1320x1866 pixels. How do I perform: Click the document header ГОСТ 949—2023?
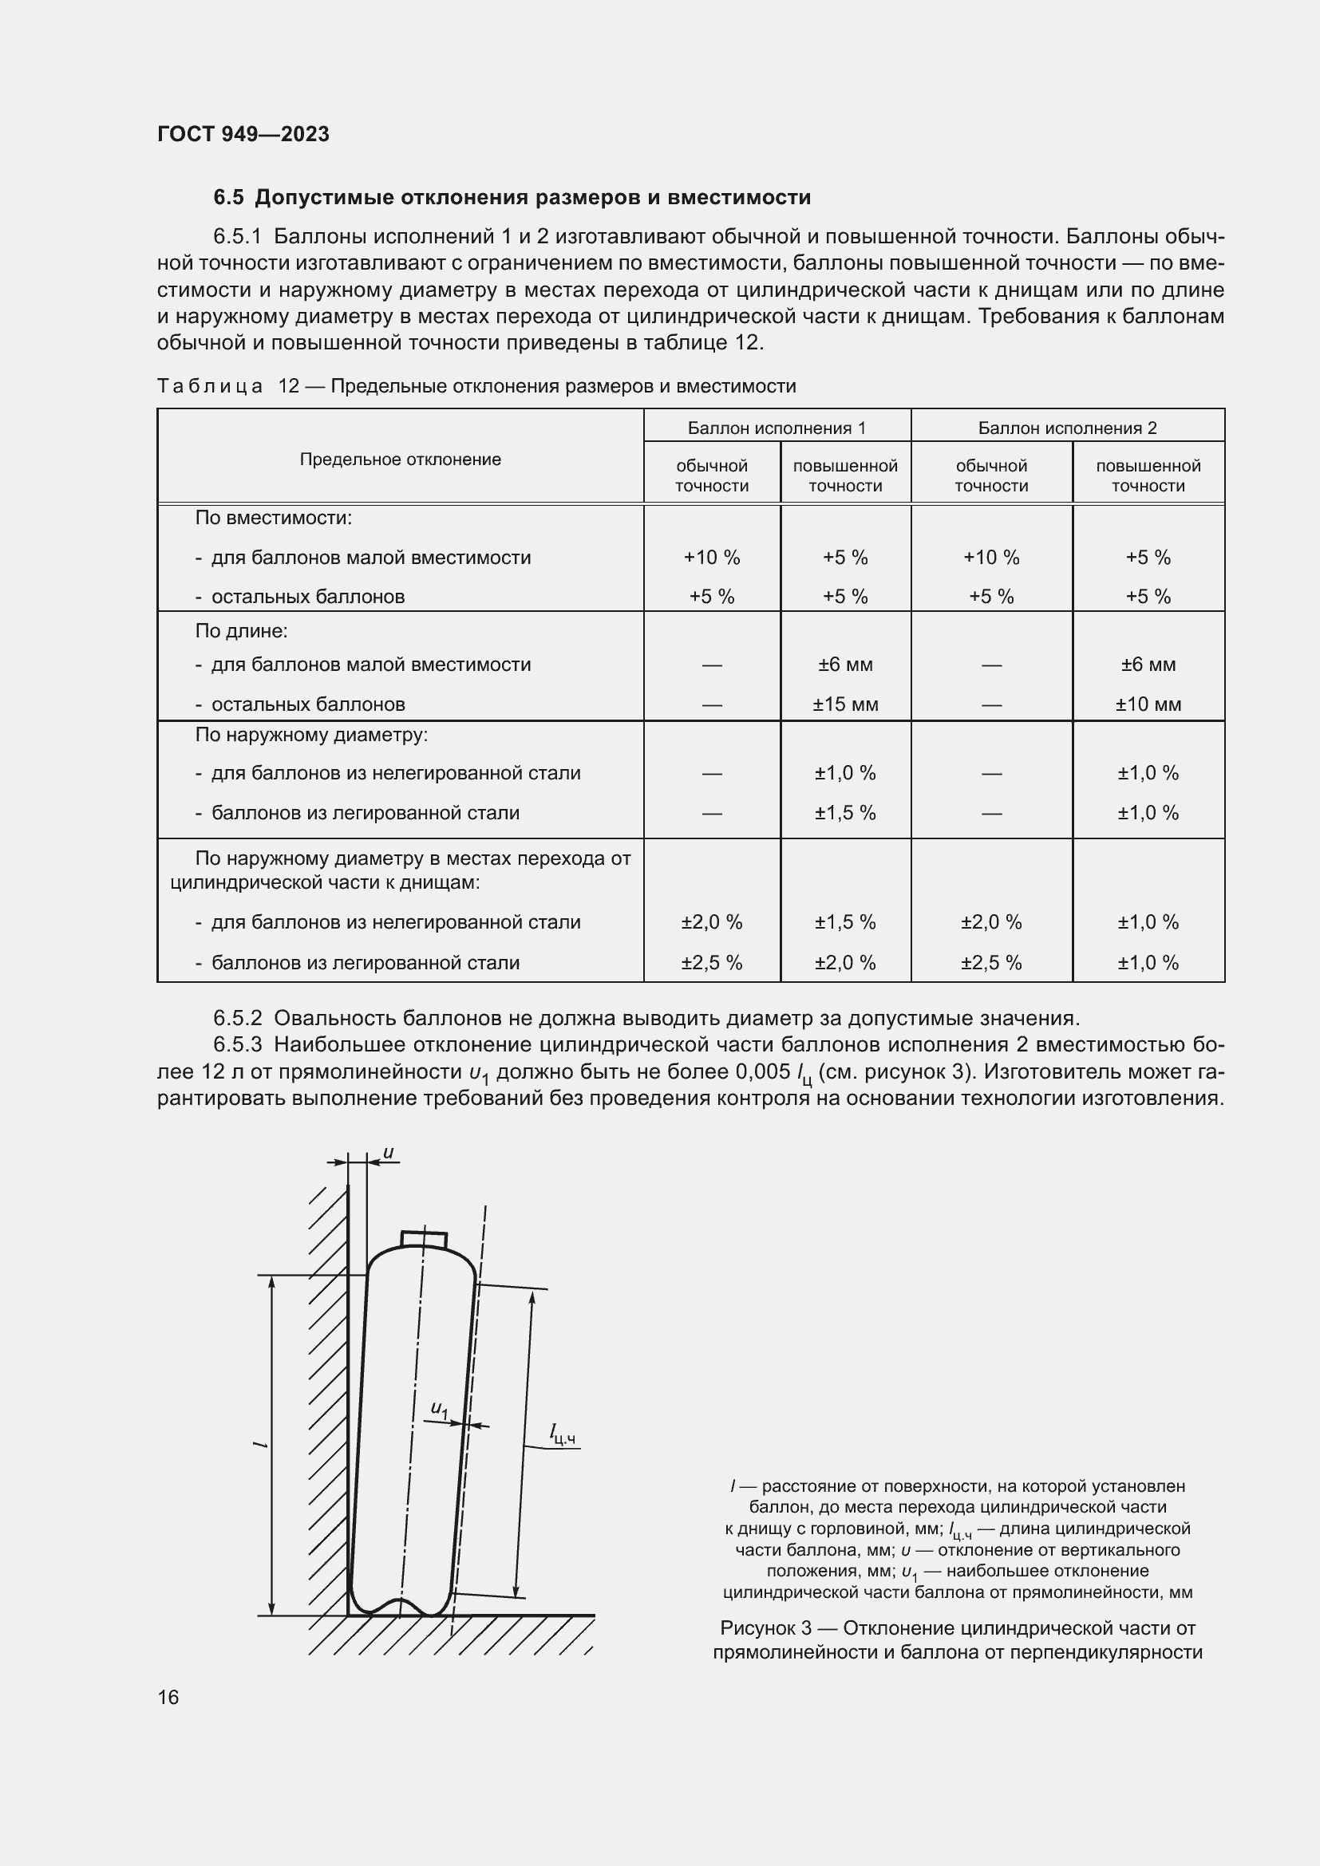[x=243, y=134]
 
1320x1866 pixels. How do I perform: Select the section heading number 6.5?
[x=228, y=198]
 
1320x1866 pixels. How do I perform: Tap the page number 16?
[x=168, y=1697]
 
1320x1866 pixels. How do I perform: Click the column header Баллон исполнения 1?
[x=777, y=428]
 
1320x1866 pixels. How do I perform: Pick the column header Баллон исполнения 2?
[x=1066, y=428]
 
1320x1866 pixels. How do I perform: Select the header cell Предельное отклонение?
[x=400, y=460]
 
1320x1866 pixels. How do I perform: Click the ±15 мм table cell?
[x=844, y=704]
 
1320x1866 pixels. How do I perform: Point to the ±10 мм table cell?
[x=1148, y=704]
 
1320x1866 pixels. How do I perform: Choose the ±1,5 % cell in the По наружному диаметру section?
[x=844, y=813]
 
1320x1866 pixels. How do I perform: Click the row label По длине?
[x=241, y=631]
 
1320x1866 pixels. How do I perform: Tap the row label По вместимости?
[x=273, y=518]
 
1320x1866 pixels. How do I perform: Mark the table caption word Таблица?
[x=210, y=386]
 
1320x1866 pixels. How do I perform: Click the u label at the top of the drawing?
[x=389, y=1153]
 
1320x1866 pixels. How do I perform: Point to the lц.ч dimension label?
[x=563, y=1434]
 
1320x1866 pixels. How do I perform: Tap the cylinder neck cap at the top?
[x=424, y=1239]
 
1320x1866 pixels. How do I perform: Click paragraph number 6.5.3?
[x=237, y=1044]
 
